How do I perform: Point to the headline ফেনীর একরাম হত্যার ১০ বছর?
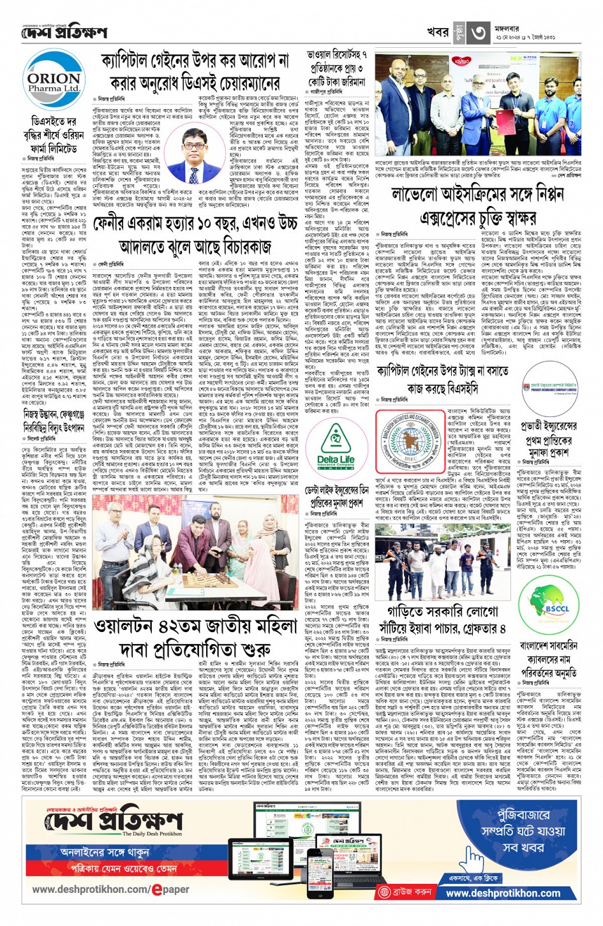click(195, 233)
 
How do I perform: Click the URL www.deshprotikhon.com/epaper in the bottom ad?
click(110, 889)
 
